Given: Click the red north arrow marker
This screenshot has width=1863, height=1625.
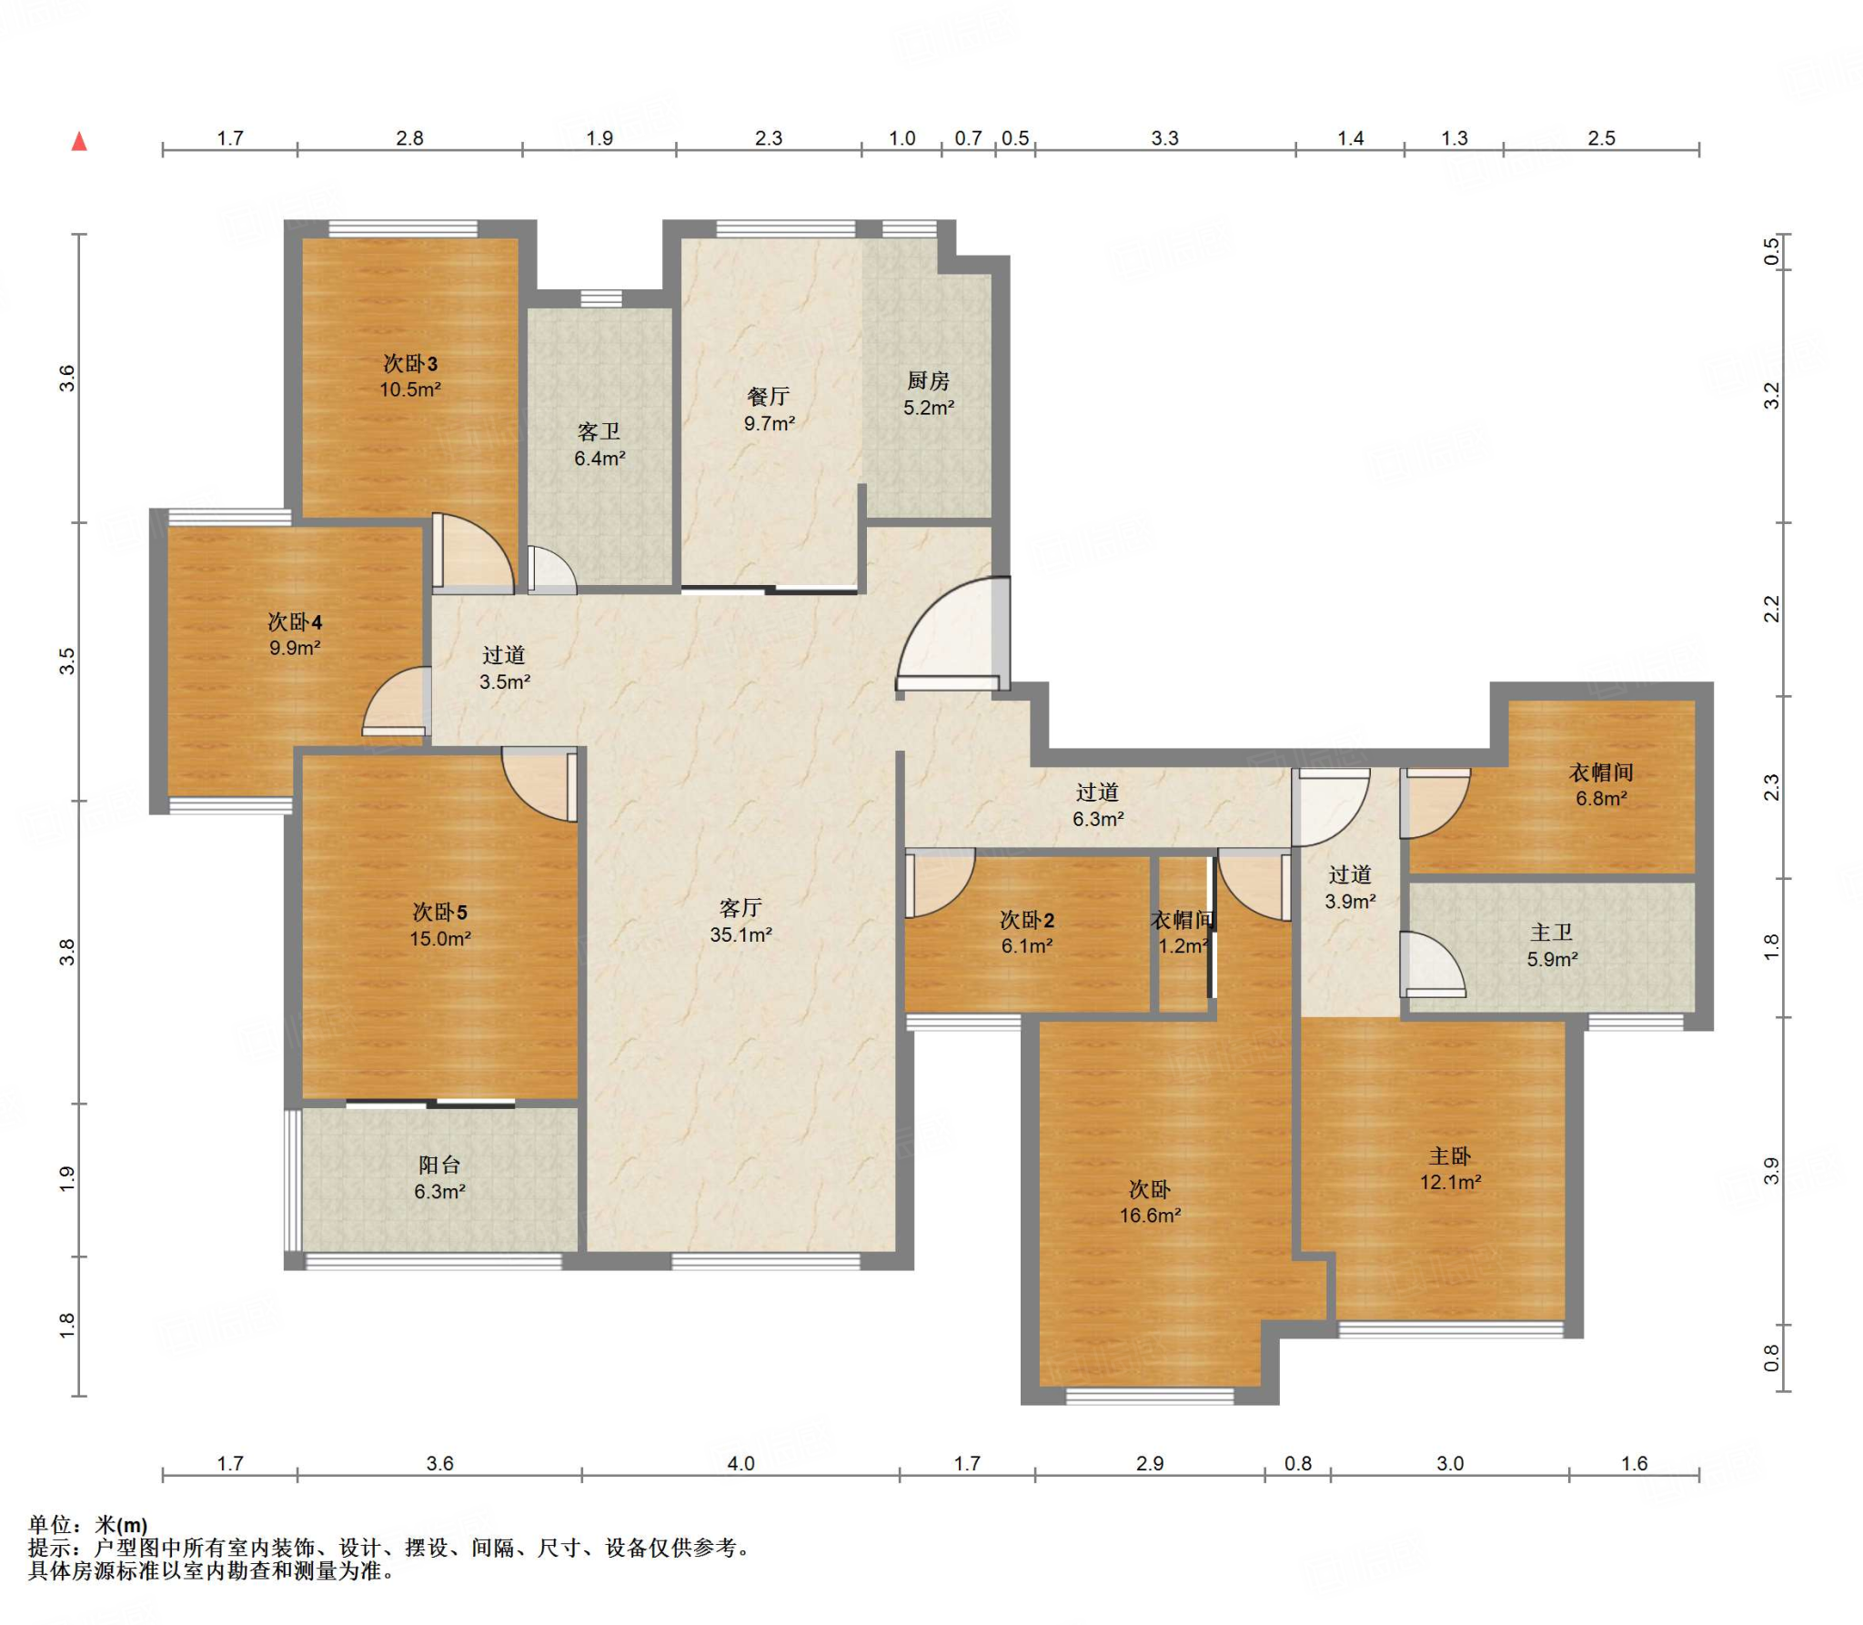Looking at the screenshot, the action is pos(80,141).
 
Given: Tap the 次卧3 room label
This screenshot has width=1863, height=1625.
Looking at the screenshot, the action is pos(410,364).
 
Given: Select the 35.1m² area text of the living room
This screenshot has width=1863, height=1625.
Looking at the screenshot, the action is pos(741,934).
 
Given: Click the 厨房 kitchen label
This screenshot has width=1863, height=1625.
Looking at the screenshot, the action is pos(928,381).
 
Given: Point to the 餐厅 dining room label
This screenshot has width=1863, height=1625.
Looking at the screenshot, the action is pos(769,397).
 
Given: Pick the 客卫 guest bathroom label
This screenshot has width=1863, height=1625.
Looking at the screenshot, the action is pos(599,432).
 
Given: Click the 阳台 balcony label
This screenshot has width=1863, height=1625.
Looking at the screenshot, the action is pos(439,1165).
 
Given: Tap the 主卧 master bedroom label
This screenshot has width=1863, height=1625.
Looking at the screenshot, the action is pos(1450,1156).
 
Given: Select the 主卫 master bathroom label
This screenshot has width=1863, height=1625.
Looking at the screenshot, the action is pos(1552,933).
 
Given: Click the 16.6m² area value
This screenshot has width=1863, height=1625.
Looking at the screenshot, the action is pos(1150,1216).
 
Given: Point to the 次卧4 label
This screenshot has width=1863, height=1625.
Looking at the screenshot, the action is pos(295,622).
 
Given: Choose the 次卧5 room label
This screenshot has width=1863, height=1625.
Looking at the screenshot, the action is pos(440,912).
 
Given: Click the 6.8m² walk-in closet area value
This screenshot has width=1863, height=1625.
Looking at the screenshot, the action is pos(1602,799).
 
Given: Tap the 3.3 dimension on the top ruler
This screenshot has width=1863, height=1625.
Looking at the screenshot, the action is pos(1164,138).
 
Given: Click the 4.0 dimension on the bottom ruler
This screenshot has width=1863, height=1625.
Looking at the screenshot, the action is pos(741,1463).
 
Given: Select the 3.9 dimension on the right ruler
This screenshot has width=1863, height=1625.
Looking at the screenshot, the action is pos(1771,1171).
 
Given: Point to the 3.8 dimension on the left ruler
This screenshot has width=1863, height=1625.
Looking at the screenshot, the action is pos(66,952).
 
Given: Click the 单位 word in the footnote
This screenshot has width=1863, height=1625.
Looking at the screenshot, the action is pos(50,1525).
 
